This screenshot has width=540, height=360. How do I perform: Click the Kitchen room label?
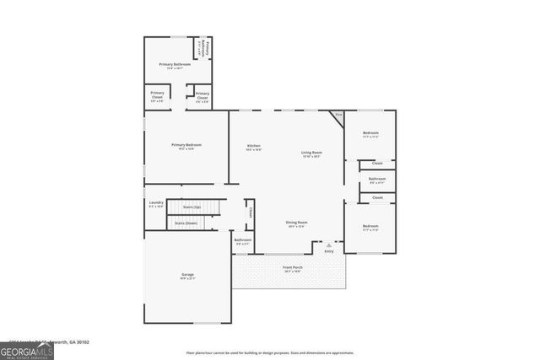pos(254,146)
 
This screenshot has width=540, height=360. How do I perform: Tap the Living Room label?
pos(312,153)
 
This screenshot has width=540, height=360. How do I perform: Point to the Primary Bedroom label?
pos(186,145)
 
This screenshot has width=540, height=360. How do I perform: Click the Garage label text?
pos(186,275)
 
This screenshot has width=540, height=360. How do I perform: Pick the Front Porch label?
pos(293,267)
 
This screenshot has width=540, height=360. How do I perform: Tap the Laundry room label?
pos(155,202)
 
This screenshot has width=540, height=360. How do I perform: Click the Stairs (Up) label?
pos(192,207)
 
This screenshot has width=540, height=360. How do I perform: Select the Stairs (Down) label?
pos(186,223)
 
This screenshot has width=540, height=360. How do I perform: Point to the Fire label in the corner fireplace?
pos(339,115)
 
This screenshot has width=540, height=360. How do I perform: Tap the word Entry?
pos(329,251)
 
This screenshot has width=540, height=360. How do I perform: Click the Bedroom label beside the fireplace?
pos(371,133)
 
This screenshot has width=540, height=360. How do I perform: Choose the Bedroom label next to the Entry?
pos(371,226)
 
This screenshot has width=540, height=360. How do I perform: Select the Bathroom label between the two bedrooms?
pos(377,179)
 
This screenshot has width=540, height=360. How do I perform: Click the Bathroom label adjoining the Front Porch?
pos(243,240)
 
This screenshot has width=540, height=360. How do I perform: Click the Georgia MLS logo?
pos(27,348)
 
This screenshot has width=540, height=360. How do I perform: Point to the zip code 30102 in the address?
pos(80,342)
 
